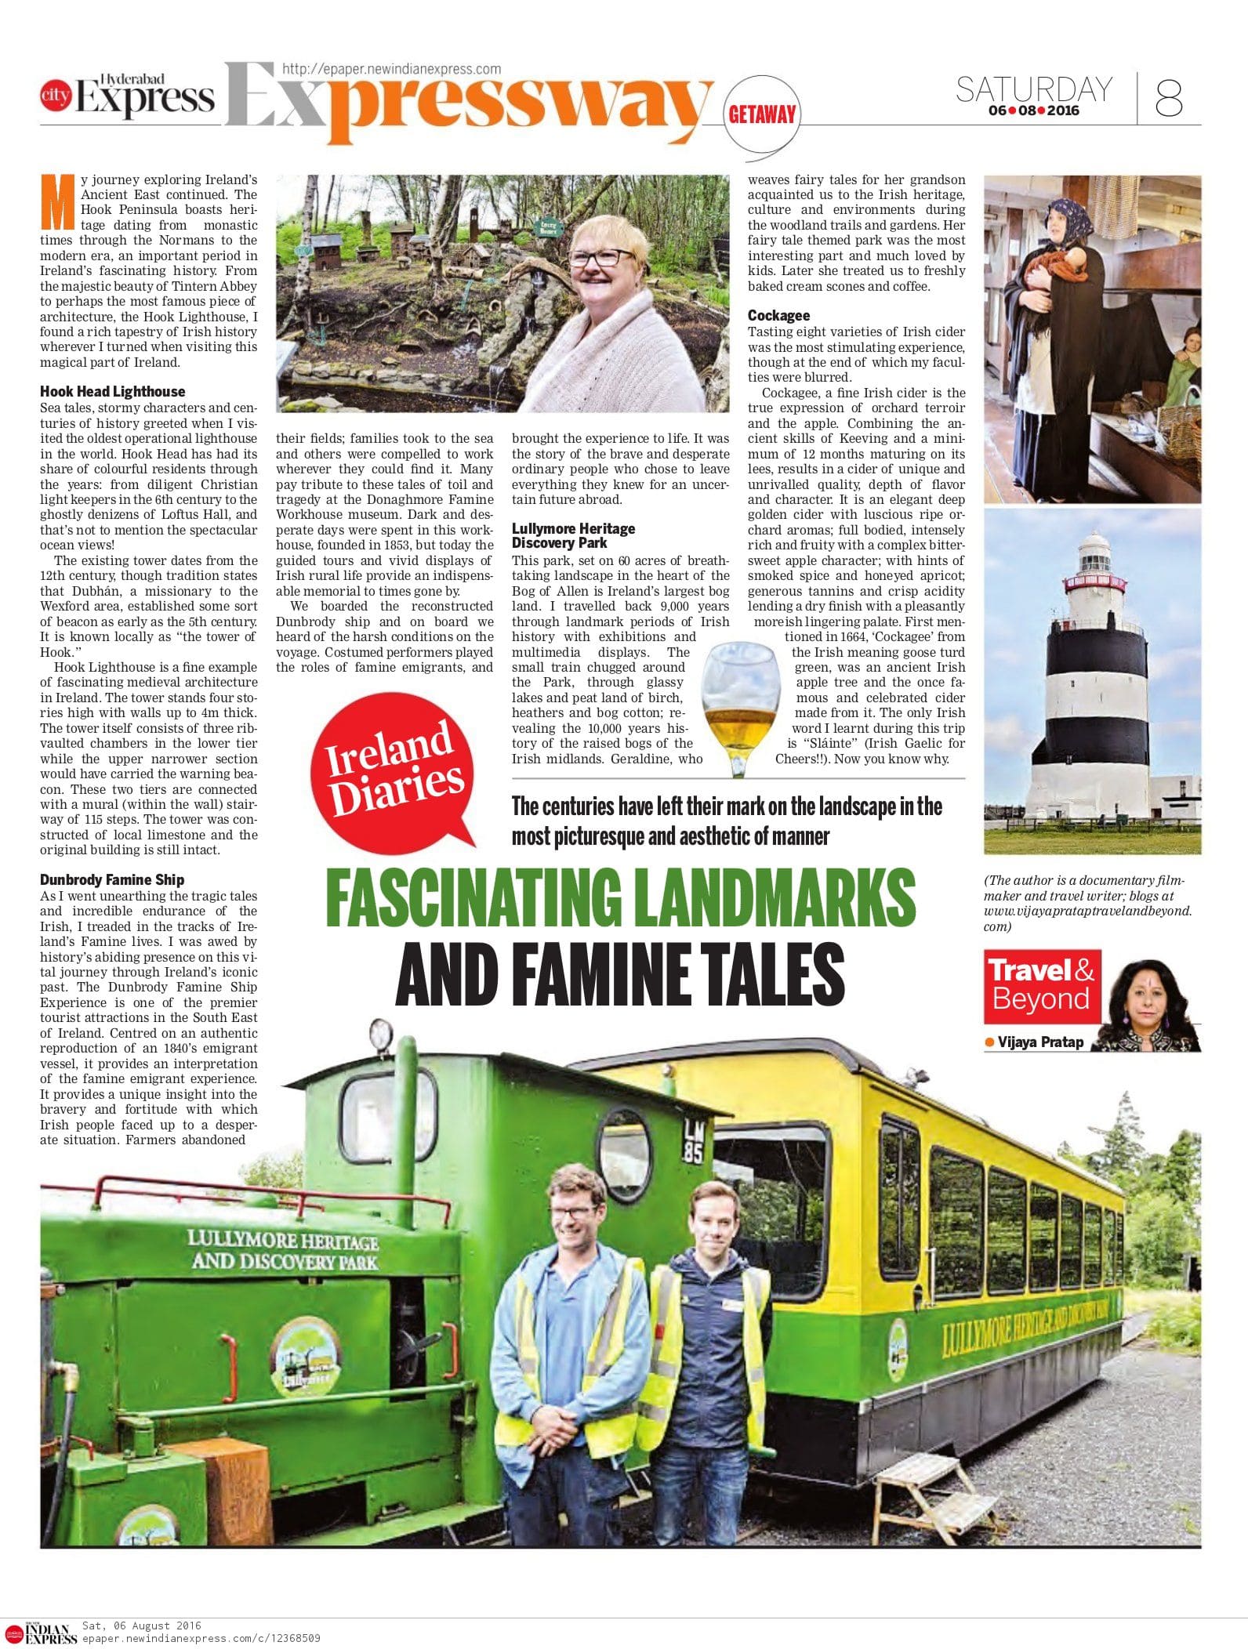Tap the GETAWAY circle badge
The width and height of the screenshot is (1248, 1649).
pyautogui.click(x=762, y=114)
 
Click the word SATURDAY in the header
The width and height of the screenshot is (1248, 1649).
pyautogui.click(x=1033, y=89)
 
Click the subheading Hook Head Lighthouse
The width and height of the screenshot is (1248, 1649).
pyautogui.click(x=113, y=391)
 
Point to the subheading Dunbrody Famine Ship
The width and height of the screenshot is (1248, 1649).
pyautogui.click(x=112, y=880)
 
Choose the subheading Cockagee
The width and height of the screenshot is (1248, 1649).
pyautogui.click(x=778, y=315)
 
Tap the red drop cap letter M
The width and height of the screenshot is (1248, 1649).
pyautogui.click(x=58, y=202)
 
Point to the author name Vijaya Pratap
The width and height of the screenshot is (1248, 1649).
pyautogui.click(x=1040, y=1042)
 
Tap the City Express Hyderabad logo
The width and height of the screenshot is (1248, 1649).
pyautogui.click(x=127, y=96)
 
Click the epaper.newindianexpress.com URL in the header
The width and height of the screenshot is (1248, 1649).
pyautogui.click(x=390, y=69)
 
